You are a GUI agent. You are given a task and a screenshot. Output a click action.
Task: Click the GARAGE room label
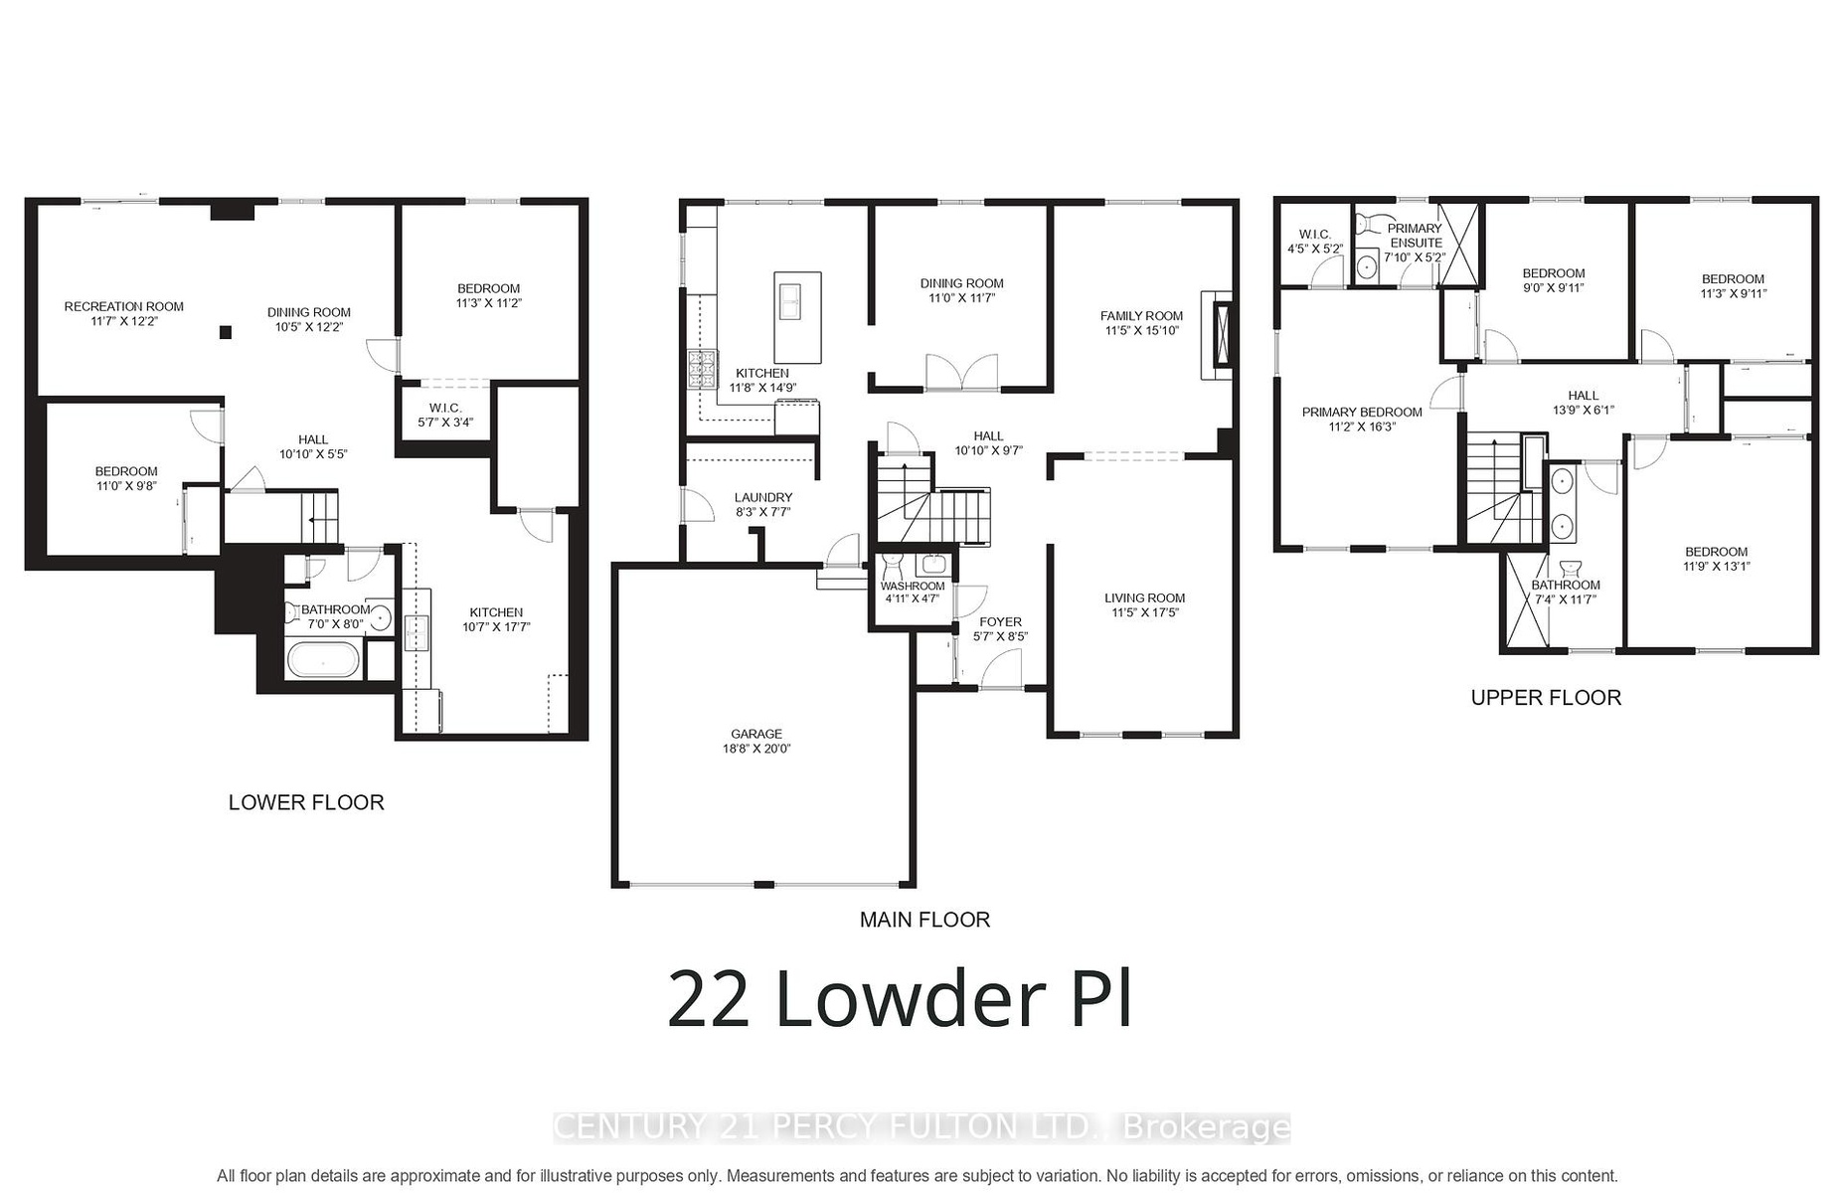[x=757, y=735]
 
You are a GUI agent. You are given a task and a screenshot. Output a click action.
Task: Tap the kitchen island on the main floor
[x=797, y=317]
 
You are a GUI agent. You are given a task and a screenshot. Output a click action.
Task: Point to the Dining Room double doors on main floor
[x=961, y=371]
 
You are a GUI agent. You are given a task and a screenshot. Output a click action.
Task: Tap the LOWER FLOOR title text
[x=306, y=802]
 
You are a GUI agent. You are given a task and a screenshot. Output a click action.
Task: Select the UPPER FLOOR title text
[x=1546, y=698]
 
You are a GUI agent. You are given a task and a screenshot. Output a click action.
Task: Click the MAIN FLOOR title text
[x=924, y=920]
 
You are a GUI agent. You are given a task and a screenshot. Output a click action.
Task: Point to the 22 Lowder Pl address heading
[x=900, y=999]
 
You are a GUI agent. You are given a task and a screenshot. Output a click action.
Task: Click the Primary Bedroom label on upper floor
[x=1362, y=412]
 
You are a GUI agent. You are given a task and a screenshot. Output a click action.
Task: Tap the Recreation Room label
[x=124, y=306]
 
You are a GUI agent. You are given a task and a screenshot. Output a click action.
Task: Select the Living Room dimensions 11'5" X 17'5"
[x=1144, y=612]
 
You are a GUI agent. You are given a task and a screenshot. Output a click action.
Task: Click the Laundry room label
[x=763, y=497]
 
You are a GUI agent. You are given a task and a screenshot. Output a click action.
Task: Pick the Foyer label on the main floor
[x=1000, y=622]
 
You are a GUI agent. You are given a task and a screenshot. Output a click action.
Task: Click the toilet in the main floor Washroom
[x=892, y=567]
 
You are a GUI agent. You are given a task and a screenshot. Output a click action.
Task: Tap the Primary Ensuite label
[x=1415, y=236]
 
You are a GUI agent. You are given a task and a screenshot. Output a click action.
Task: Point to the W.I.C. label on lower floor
[x=445, y=408]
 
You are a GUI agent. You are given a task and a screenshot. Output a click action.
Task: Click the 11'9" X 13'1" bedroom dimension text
[x=1716, y=567]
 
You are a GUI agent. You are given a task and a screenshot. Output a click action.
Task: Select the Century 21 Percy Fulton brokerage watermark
[x=922, y=1127]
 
